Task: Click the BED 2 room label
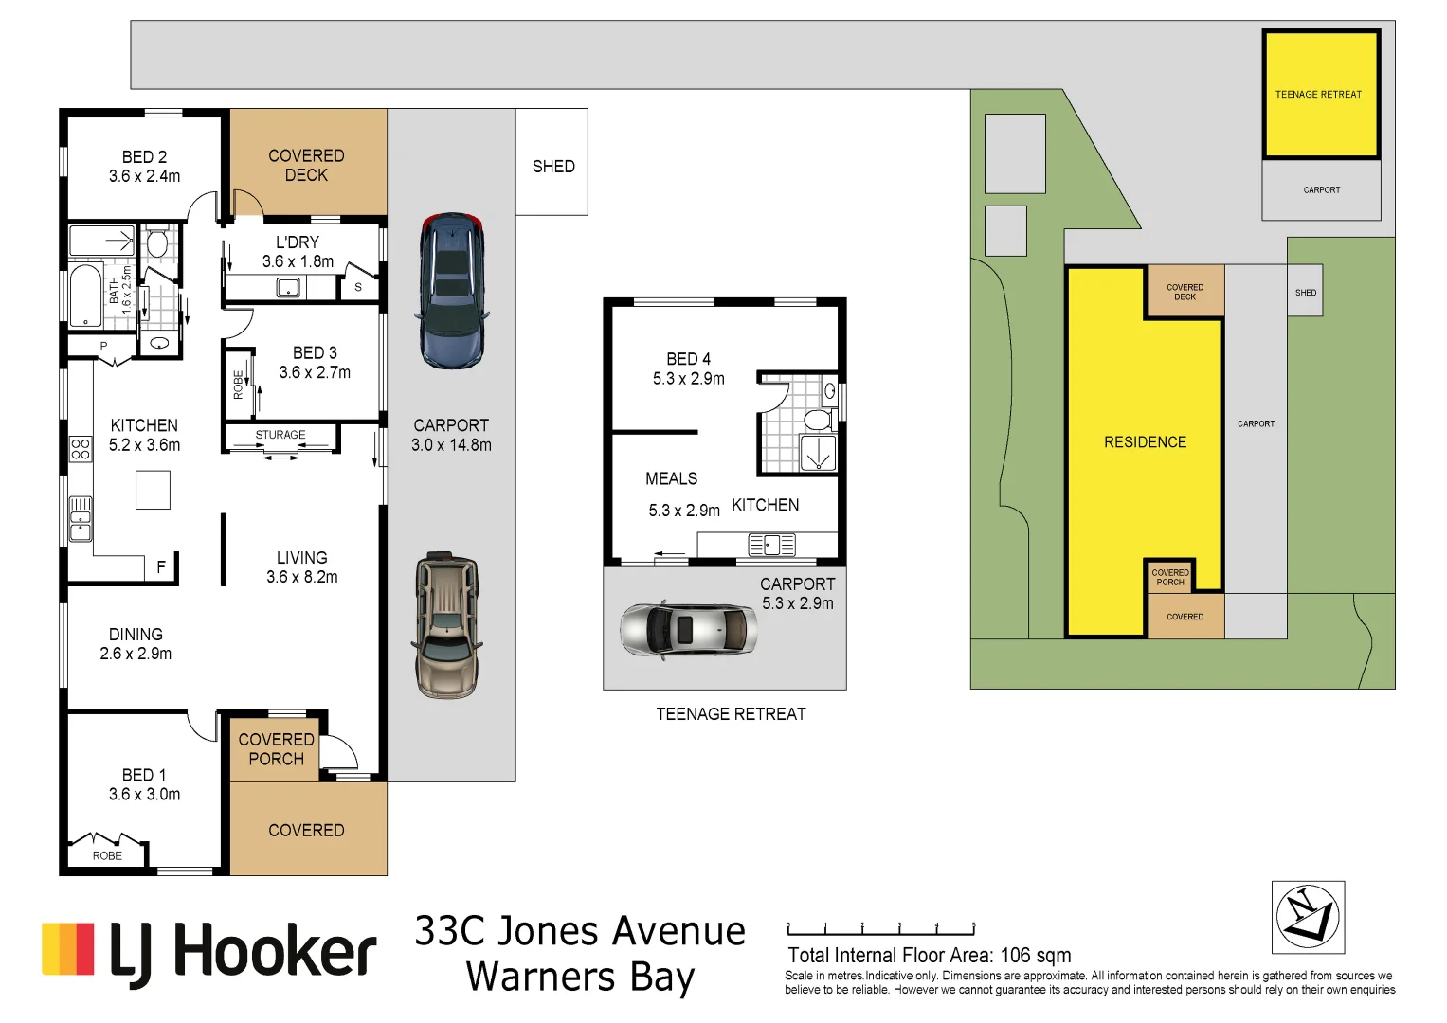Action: pyautogui.click(x=144, y=157)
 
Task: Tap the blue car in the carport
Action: pyautogui.click(x=452, y=291)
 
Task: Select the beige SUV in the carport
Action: pyautogui.click(x=446, y=626)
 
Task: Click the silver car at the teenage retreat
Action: pyautogui.click(x=689, y=628)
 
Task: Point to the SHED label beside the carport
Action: pyautogui.click(x=553, y=167)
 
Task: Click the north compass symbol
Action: pyautogui.click(x=1308, y=917)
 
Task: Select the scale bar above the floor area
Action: pyautogui.click(x=880, y=929)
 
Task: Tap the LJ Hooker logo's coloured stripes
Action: pyautogui.click(x=68, y=949)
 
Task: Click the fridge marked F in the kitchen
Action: pyautogui.click(x=161, y=566)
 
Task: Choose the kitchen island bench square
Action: pyautogui.click(x=153, y=490)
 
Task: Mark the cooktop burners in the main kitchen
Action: pyautogui.click(x=81, y=448)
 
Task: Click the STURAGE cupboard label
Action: pyautogui.click(x=280, y=435)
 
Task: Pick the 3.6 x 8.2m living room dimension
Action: pyautogui.click(x=301, y=577)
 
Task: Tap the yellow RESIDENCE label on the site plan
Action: pyautogui.click(x=1145, y=442)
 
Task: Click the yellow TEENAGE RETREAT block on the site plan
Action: pyautogui.click(x=1319, y=95)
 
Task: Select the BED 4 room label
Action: pyautogui.click(x=688, y=359)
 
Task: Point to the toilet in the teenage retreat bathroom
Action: pyautogui.click(x=816, y=419)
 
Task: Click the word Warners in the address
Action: pyautogui.click(x=541, y=977)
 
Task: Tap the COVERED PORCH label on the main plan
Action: pyautogui.click(x=276, y=749)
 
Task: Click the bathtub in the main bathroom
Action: pyautogui.click(x=86, y=296)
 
